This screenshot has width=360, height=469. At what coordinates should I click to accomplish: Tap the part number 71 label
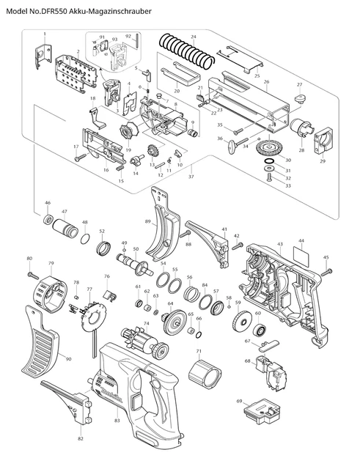(198, 352)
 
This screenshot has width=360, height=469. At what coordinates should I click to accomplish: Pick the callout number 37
(192, 177)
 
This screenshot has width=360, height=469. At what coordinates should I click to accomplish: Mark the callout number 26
(266, 82)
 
